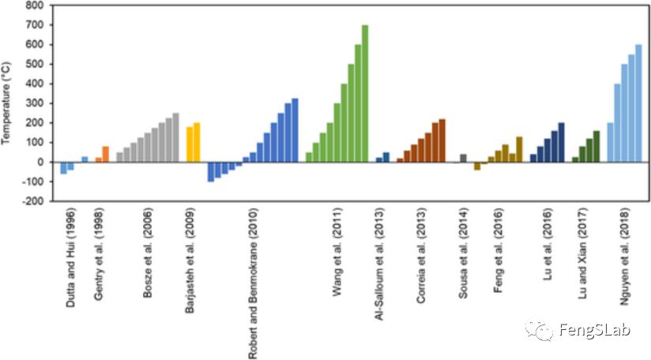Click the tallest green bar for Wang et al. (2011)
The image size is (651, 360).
[365, 93]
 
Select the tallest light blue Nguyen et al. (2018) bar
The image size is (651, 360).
[638, 103]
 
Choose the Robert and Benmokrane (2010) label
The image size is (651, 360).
[252, 283]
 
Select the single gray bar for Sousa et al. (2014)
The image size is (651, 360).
[463, 158]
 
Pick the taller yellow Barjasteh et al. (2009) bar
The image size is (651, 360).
[197, 142]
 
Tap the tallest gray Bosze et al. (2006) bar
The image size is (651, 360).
[175, 137]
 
